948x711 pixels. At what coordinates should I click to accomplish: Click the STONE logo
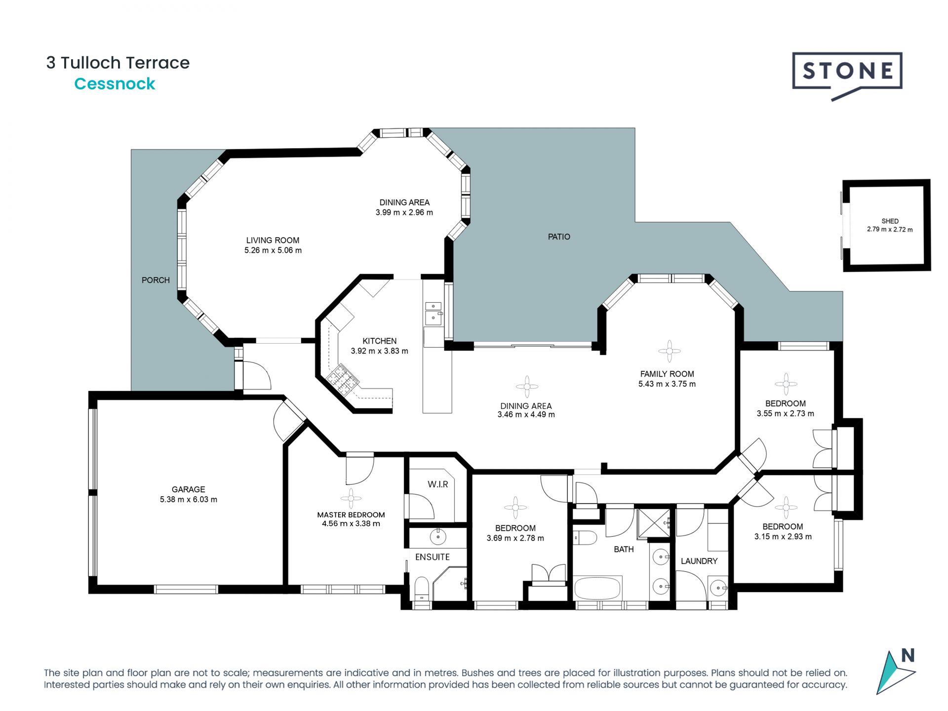coord(847,76)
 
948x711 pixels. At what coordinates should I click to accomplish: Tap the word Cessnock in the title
coord(115,84)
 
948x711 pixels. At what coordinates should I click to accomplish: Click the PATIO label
coord(559,237)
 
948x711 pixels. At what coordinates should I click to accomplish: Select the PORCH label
coord(156,280)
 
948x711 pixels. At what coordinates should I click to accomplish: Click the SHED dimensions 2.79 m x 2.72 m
coord(890,230)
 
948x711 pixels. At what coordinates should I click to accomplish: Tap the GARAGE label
coord(188,489)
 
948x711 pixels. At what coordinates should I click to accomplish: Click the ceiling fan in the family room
coord(669,351)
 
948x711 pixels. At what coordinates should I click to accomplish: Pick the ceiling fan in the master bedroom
coord(351,499)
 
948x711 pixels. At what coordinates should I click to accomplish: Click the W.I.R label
coord(438,484)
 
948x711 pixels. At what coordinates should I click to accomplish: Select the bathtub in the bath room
coord(597,588)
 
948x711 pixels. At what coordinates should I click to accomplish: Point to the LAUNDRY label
coord(699,561)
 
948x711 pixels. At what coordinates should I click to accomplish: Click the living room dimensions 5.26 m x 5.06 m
coord(273,250)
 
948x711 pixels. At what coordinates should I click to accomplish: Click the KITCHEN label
coord(379,341)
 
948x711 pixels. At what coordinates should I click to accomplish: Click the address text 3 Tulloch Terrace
coord(118,63)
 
